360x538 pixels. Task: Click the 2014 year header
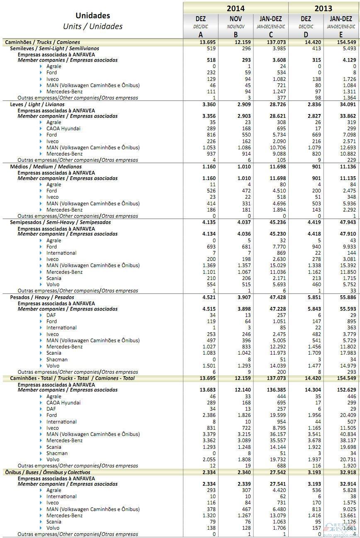tap(236, 8)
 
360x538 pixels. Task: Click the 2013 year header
tap(323, 8)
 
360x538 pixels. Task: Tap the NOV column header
tap(236, 19)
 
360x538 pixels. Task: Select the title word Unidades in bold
tap(93, 15)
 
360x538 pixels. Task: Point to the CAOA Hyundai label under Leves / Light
tap(63, 129)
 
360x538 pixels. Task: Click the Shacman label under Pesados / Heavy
tap(57, 359)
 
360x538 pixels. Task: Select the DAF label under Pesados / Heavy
tap(51, 315)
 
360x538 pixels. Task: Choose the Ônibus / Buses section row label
tap(48, 472)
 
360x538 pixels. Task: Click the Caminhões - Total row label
tap(70, 378)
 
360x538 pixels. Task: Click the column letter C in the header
tap(271, 35)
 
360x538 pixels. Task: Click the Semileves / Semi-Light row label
tap(54, 49)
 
